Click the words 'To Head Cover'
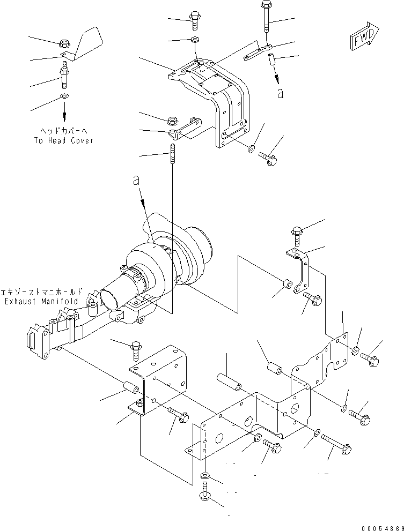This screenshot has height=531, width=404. click(x=64, y=140)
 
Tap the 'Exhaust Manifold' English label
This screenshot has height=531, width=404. click(x=41, y=301)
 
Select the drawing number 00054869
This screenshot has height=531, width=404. click(x=383, y=528)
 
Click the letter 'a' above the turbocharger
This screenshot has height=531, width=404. click(x=136, y=181)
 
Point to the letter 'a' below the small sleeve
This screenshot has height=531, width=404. click(x=280, y=93)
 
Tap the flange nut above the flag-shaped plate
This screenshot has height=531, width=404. click(x=64, y=43)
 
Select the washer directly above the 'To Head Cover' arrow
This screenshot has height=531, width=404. click(x=64, y=96)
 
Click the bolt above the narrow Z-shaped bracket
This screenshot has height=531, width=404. click(x=297, y=236)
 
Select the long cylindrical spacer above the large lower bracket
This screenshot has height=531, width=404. click(x=229, y=382)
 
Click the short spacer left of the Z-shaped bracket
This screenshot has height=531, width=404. click(x=288, y=283)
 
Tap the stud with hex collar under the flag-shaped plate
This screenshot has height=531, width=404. click(x=64, y=75)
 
